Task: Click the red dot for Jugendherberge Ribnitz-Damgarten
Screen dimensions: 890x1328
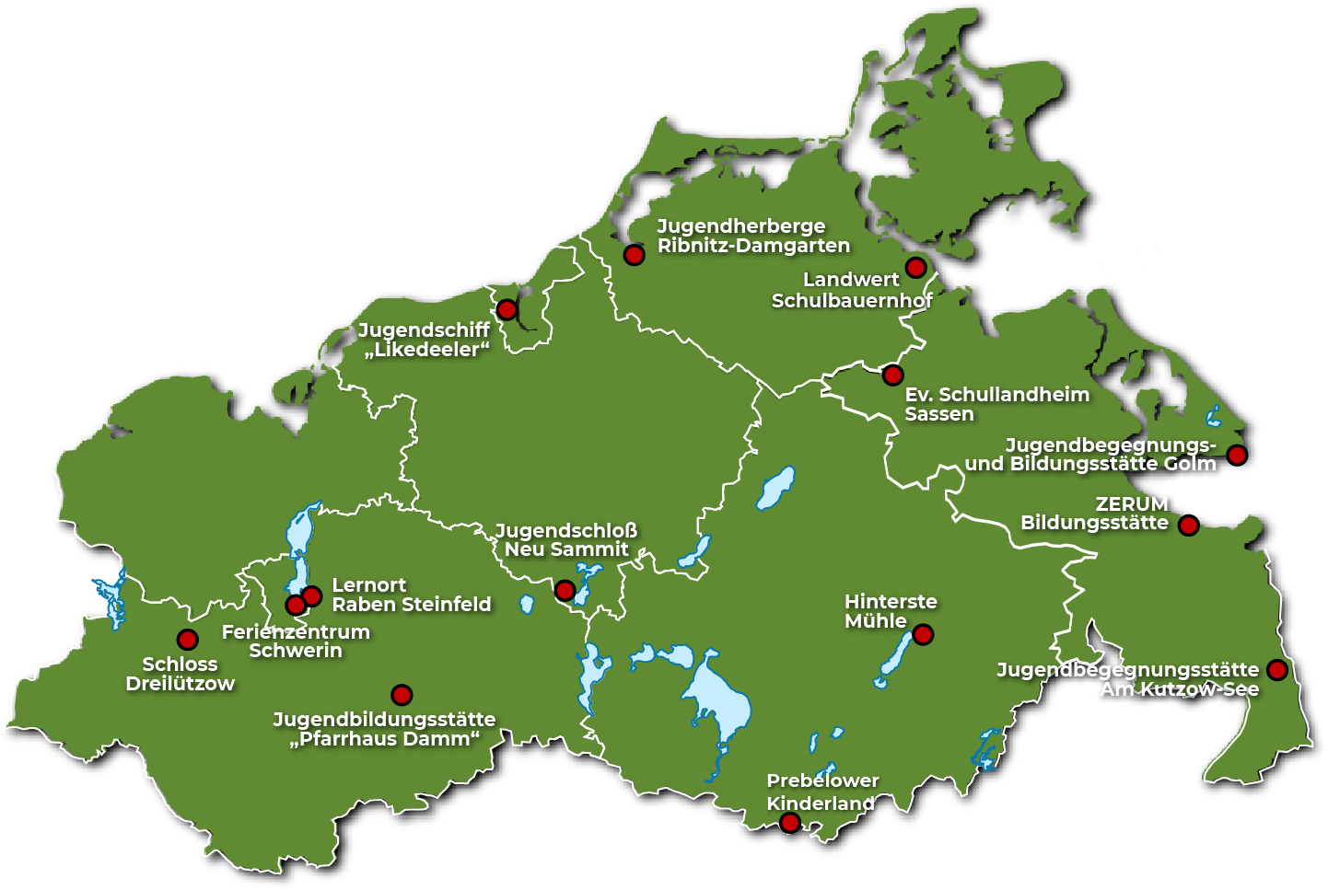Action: (634, 255)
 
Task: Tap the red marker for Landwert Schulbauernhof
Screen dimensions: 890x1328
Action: (915, 268)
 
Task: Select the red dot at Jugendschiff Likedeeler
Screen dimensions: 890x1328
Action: (507, 309)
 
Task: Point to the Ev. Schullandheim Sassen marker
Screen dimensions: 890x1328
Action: (892, 375)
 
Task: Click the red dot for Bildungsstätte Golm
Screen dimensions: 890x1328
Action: (1237, 455)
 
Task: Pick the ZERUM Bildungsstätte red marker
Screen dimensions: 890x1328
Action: (1189, 526)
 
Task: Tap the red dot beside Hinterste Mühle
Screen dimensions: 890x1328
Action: (923, 634)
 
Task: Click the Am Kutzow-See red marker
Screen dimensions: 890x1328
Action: (1276, 669)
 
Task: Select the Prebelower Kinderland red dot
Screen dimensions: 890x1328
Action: (789, 822)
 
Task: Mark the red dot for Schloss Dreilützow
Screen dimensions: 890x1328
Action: (187, 640)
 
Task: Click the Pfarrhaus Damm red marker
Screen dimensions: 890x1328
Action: (402, 695)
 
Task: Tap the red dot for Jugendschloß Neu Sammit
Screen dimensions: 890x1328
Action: (565, 590)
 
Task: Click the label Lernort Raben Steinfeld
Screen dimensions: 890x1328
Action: (411, 595)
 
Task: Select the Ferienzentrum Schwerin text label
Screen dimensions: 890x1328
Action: (296, 641)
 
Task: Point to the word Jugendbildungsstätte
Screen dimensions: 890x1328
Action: (384, 719)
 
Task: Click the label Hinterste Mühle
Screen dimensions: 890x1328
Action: (890, 611)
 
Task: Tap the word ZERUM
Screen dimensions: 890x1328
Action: (1131, 504)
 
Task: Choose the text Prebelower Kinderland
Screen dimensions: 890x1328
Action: (821, 792)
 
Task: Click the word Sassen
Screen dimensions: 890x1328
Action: (938, 414)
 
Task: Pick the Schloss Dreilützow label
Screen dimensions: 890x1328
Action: (180, 674)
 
